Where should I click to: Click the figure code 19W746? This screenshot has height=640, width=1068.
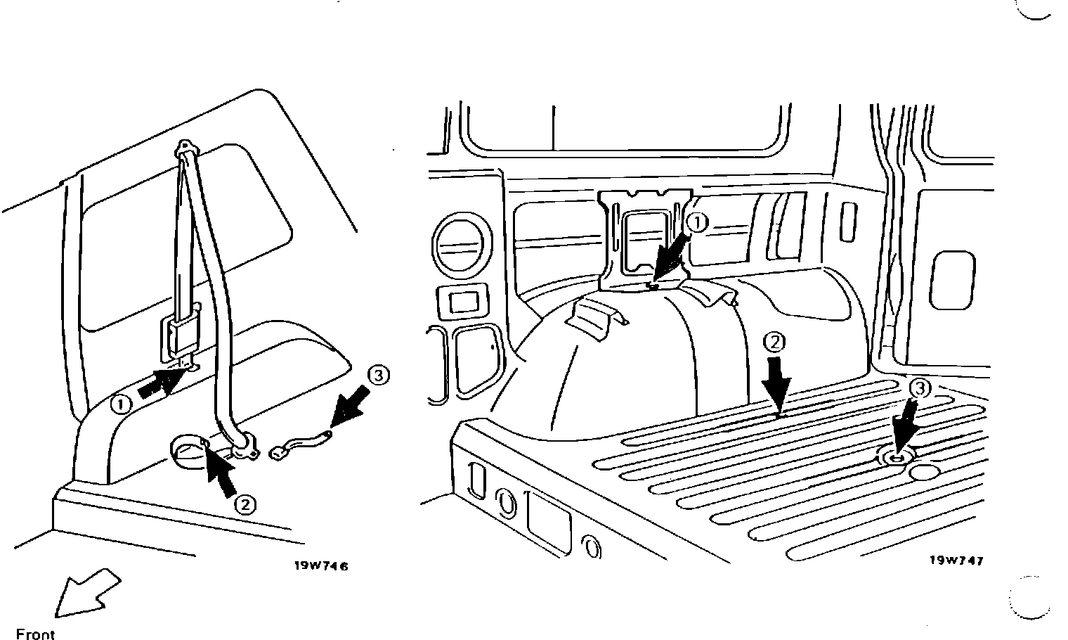coord(320,565)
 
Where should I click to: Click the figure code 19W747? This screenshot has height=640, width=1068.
coord(956,561)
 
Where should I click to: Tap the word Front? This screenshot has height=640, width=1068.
coord(35,634)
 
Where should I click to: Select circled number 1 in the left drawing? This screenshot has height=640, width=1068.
coord(122,404)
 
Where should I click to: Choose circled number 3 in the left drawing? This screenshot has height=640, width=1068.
coord(378,376)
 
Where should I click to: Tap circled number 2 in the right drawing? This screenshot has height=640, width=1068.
coord(773,343)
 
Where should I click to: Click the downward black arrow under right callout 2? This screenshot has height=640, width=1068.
coord(777,385)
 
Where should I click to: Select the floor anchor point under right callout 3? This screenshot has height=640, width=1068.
coord(896,458)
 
